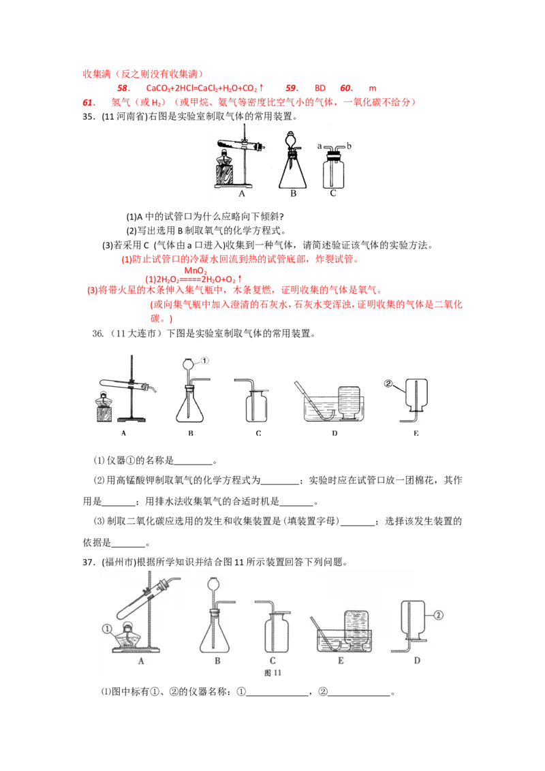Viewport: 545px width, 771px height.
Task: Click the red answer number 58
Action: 123,88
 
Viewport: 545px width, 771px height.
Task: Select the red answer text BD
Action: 320,88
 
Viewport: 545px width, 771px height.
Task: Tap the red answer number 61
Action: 89,102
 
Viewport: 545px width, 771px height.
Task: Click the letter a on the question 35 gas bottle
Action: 320,146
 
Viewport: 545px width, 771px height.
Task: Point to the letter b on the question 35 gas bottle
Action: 349,146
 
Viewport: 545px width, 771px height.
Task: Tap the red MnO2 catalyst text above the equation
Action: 196,271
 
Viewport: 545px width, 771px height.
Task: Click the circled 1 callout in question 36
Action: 204,361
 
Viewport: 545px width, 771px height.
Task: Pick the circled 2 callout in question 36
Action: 388,383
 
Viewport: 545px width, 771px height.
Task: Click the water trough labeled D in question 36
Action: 334,408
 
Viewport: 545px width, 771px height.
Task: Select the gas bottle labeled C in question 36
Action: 257,406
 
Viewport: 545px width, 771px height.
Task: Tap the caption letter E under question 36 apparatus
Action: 416,434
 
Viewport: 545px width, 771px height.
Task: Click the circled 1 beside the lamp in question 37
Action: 107,629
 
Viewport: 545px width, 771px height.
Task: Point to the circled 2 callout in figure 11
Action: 438,615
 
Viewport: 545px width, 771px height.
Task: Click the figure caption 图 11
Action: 272,673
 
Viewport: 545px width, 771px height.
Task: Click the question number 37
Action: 88,562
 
